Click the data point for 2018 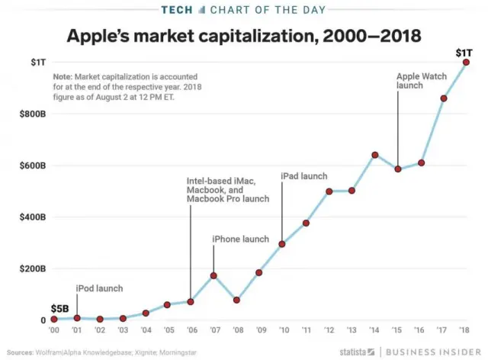(466, 63)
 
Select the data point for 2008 (237, 300)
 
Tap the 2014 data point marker (375, 155)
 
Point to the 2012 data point (329, 191)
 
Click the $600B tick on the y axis (32, 166)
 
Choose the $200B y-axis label (32, 269)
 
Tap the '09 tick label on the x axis (259, 331)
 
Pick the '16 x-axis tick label (420, 331)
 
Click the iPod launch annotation (99, 288)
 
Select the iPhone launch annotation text (240, 239)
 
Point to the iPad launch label (304, 176)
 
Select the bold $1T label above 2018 (464, 52)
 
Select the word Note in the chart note (63, 78)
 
